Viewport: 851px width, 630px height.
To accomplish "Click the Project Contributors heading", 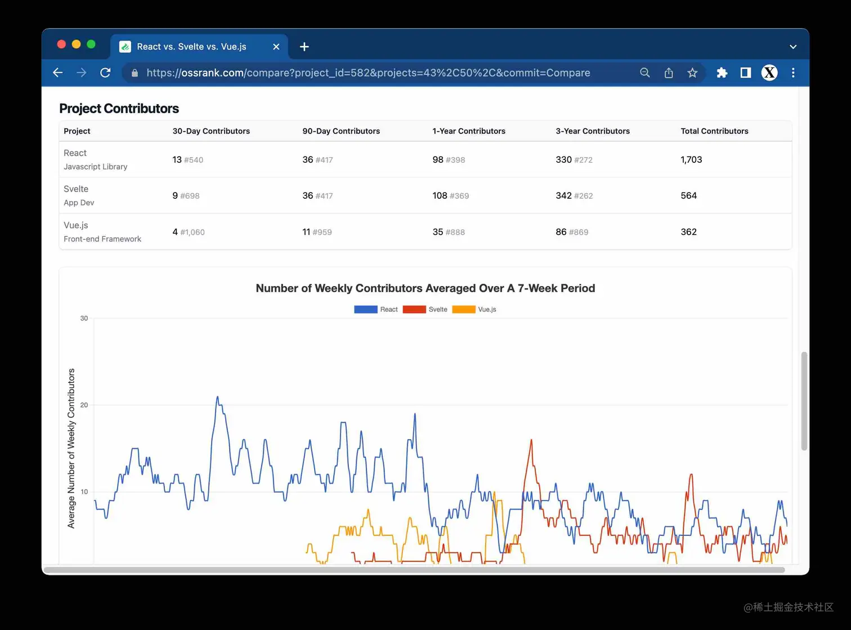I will pyautogui.click(x=119, y=108).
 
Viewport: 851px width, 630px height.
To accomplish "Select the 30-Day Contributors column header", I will pyautogui.click(x=211, y=131).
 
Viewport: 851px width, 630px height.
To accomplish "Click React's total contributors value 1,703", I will pyautogui.click(x=691, y=160).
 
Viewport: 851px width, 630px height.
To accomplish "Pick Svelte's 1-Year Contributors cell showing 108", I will pyautogui.click(x=440, y=196).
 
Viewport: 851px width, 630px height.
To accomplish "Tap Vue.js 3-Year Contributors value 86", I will pyautogui.click(x=561, y=232).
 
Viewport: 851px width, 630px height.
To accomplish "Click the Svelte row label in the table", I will pyautogui.click(x=76, y=189).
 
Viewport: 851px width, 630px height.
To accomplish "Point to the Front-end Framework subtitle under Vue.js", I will pyautogui.click(x=102, y=239).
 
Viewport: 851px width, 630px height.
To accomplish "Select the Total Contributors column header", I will pyautogui.click(x=714, y=131).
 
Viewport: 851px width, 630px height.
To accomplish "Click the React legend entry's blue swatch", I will pyautogui.click(x=365, y=310).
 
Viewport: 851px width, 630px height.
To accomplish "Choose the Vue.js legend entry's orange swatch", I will pyautogui.click(x=463, y=310).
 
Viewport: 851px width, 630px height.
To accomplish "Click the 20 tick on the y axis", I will pyautogui.click(x=84, y=405).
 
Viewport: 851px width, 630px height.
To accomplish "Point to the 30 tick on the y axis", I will pyautogui.click(x=84, y=319).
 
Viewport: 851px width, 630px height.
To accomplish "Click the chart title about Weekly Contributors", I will pyautogui.click(x=425, y=288).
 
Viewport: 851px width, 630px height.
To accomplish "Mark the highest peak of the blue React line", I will pyautogui.click(x=217, y=397).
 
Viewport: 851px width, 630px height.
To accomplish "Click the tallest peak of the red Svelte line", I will pyautogui.click(x=531, y=440).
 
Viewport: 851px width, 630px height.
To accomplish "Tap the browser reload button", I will pyautogui.click(x=105, y=73).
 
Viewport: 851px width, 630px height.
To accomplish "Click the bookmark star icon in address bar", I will pyautogui.click(x=692, y=73).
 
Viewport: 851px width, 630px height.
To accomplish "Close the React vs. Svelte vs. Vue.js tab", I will pyautogui.click(x=276, y=47).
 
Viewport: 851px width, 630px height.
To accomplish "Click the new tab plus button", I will pyautogui.click(x=304, y=47).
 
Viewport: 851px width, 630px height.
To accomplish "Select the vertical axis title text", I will pyautogui.click(x=71, y=448).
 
